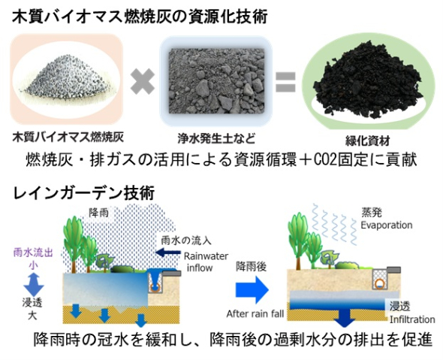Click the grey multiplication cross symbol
tap(143, 82)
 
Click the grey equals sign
tap(285, 82)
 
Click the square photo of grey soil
tap(216, 81)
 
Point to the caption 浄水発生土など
tap(216, 138)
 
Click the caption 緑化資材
tap(368, 141)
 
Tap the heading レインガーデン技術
tap(83, 194)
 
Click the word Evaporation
tap(386, 225)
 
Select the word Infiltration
tap(412, 319)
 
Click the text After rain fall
tap(255, 313)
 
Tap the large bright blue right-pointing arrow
tap(252, 290)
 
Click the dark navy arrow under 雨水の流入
tap(168, 253)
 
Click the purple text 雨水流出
tap(33, 253)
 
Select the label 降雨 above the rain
tap(98, 213)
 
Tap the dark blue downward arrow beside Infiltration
tap(344, 317)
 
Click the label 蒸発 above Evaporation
tap(372, 213)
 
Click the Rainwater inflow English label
tap(206, 262)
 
